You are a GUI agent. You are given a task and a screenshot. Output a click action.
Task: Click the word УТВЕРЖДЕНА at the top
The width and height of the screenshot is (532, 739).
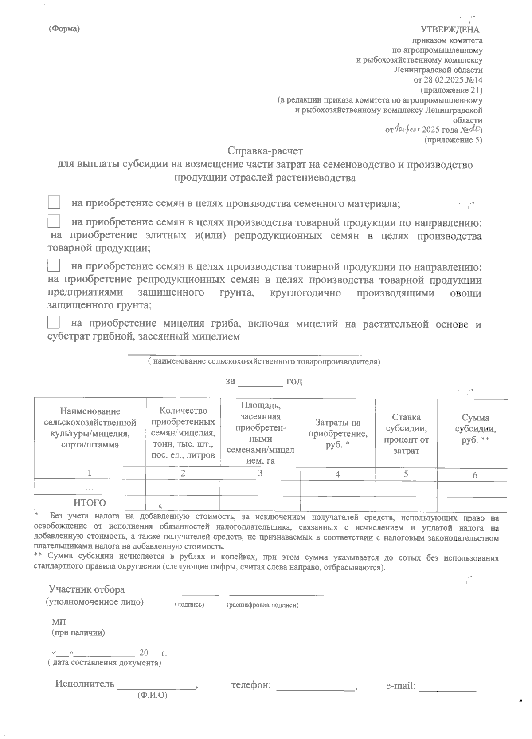click(x=450, y=30)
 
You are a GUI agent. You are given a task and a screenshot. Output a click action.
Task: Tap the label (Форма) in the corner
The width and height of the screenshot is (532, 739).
click(x=64, y=29)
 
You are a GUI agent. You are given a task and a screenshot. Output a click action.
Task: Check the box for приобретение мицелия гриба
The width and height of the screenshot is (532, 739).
click(x=54, y=322)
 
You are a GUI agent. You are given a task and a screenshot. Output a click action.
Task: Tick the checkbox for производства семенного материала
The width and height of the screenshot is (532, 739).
click(x=54, y=202)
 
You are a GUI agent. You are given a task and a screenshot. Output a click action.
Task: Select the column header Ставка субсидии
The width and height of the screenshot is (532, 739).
click(x=406, y=434)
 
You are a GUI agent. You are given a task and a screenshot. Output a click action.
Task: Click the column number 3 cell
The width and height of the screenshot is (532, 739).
click(x=260, y=473)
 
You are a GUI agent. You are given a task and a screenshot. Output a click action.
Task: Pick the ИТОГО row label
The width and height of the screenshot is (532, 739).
click(x=90, y=503)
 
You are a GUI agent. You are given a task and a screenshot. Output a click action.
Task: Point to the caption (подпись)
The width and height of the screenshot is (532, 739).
click(x=189, y=605)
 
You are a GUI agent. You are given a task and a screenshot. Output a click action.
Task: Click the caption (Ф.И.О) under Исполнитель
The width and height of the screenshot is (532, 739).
click(x=152, y=695)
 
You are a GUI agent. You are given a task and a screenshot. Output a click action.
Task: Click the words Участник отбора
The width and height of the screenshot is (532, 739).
click(x=86, y=589)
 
